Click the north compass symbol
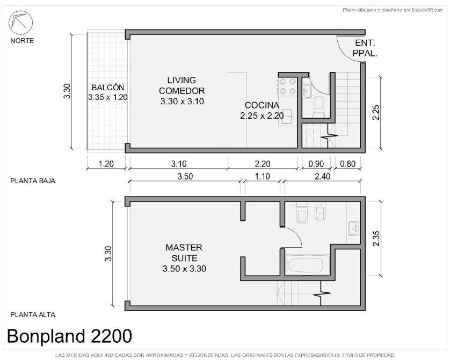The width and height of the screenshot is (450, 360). pos(20,23)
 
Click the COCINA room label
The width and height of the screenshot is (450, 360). pos(262,105)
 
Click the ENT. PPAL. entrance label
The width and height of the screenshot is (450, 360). pos(365,48)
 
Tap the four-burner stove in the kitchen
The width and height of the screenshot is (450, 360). pos(288,87)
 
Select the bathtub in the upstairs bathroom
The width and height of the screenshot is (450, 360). pos(307,265)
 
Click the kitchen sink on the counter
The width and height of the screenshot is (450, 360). pos(287,116)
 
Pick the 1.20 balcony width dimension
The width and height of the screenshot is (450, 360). pos(106,164)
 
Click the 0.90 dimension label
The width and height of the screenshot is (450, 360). pos(316,164)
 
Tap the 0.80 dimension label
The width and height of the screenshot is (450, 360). pos(347,164)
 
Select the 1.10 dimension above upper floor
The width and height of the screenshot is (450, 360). pos(262,176)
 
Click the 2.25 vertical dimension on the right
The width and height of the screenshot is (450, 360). pos(376,112)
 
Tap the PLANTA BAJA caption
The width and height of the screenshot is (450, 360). pos(33,181)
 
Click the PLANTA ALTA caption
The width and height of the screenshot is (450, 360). pos(33,315)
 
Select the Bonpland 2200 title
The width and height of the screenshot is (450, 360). pos(69,336)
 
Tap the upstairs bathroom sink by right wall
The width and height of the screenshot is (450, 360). pos(353,228)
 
